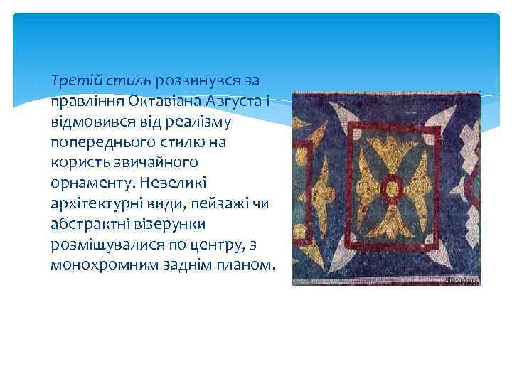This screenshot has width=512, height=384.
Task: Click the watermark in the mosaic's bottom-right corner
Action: (x=462, y=282)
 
